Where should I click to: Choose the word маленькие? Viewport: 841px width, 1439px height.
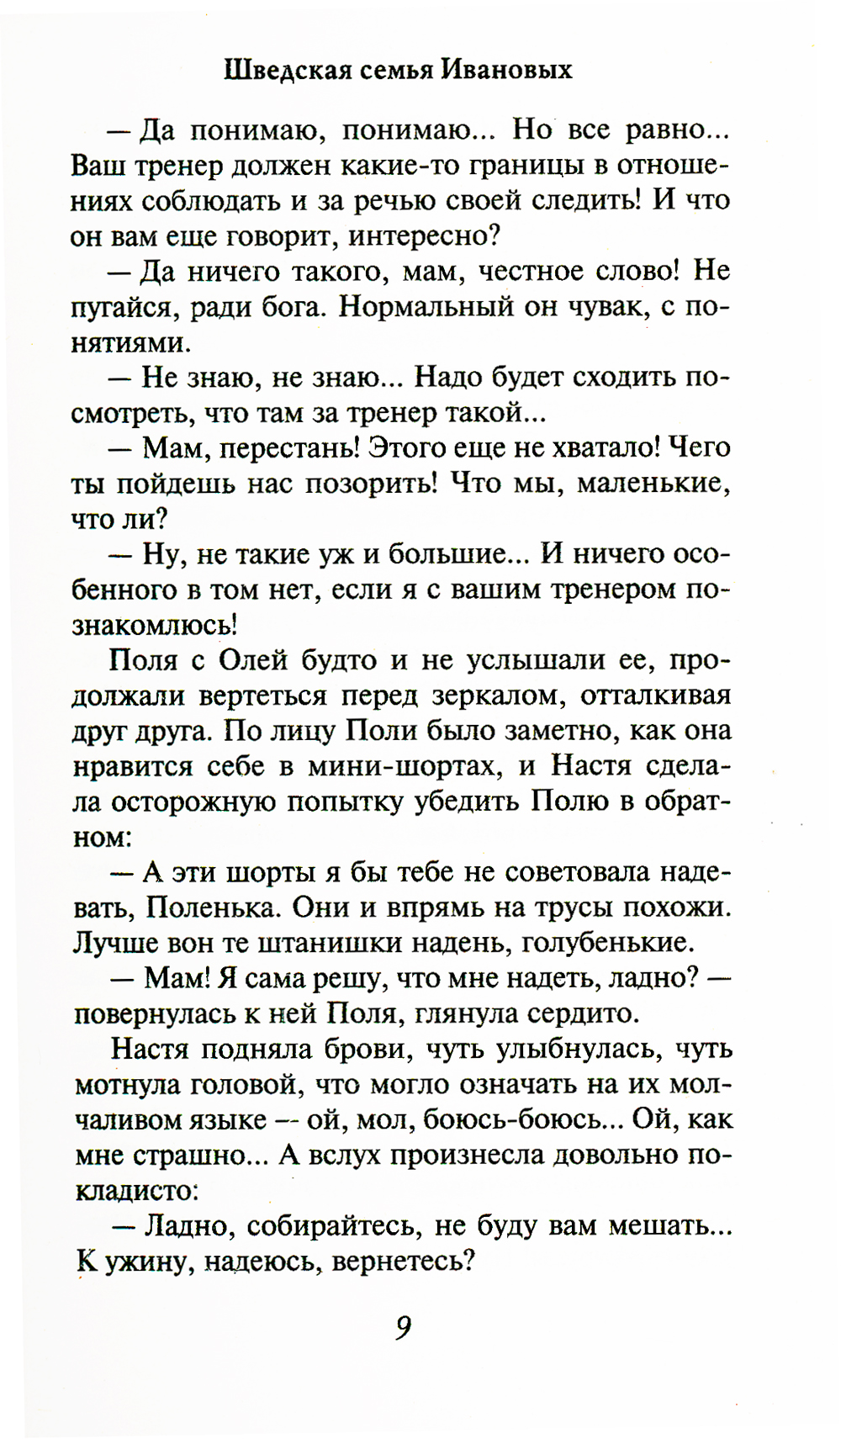pyautogui.click(x=653, y=484)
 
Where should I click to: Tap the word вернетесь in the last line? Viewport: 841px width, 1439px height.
pyautogui.click(x=404, y=1262)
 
